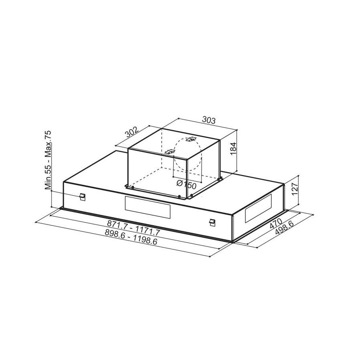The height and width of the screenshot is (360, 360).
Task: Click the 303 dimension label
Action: point(209,120)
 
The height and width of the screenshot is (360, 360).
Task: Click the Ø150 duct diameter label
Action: point(186,184)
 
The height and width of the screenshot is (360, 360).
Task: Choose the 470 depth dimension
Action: point(276,223)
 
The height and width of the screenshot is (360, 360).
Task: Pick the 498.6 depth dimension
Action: point(284,228)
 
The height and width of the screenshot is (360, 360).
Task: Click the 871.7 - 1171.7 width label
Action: point(133,227)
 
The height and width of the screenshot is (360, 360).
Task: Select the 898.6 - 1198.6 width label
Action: point(131,236)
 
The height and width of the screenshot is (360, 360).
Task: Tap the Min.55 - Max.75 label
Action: point(48,160)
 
